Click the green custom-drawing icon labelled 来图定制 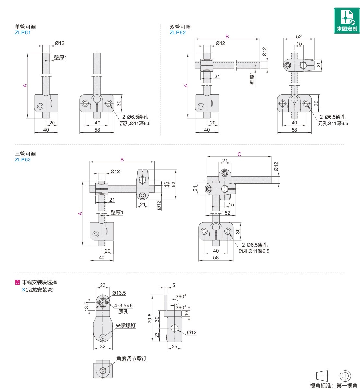[347, 20]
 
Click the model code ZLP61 [23, 33]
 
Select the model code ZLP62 [177, 33]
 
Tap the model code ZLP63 [23, 159]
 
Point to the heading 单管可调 [25, 27]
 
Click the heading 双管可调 [180, 27]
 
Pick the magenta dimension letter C [239, 154]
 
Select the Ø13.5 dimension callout [119, 293]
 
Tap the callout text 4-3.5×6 [123, 305]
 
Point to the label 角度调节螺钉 [131, 359]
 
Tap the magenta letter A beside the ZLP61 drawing [25, 86]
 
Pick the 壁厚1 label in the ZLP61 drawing [60, 58]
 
